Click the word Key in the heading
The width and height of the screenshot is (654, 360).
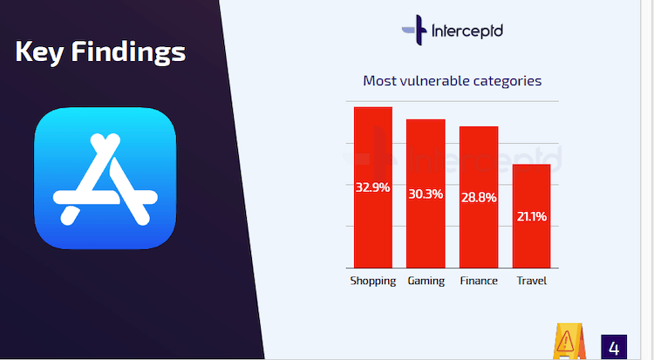(39, 52)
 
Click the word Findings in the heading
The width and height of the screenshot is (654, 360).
(128, 52)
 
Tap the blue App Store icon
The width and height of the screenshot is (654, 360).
(106, 179)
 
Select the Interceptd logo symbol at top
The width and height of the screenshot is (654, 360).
(414, 30)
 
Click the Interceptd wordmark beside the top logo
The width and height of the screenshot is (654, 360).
(467, 31)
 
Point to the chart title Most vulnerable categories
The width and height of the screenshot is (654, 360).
(452, 80)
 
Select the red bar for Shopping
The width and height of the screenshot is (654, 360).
(373, 187)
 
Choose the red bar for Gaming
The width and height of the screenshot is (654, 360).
(426, 194)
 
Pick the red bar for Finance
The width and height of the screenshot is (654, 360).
(479, 197)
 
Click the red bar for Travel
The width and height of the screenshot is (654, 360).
(531, 216)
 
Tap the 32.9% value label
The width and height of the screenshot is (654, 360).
(373, 187)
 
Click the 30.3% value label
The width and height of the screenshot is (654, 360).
(426, 194)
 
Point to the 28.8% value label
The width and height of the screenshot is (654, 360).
(479, 197)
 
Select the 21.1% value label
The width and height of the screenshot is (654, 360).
(532, 216)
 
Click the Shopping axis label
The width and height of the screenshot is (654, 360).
(373, 282)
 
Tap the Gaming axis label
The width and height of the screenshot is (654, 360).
(426, 282)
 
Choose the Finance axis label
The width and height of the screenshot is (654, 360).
(479, 281)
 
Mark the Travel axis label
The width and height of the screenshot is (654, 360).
(531, 281)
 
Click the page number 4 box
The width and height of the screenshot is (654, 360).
(614, 347)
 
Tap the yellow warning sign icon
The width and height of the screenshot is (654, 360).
(569, 341)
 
